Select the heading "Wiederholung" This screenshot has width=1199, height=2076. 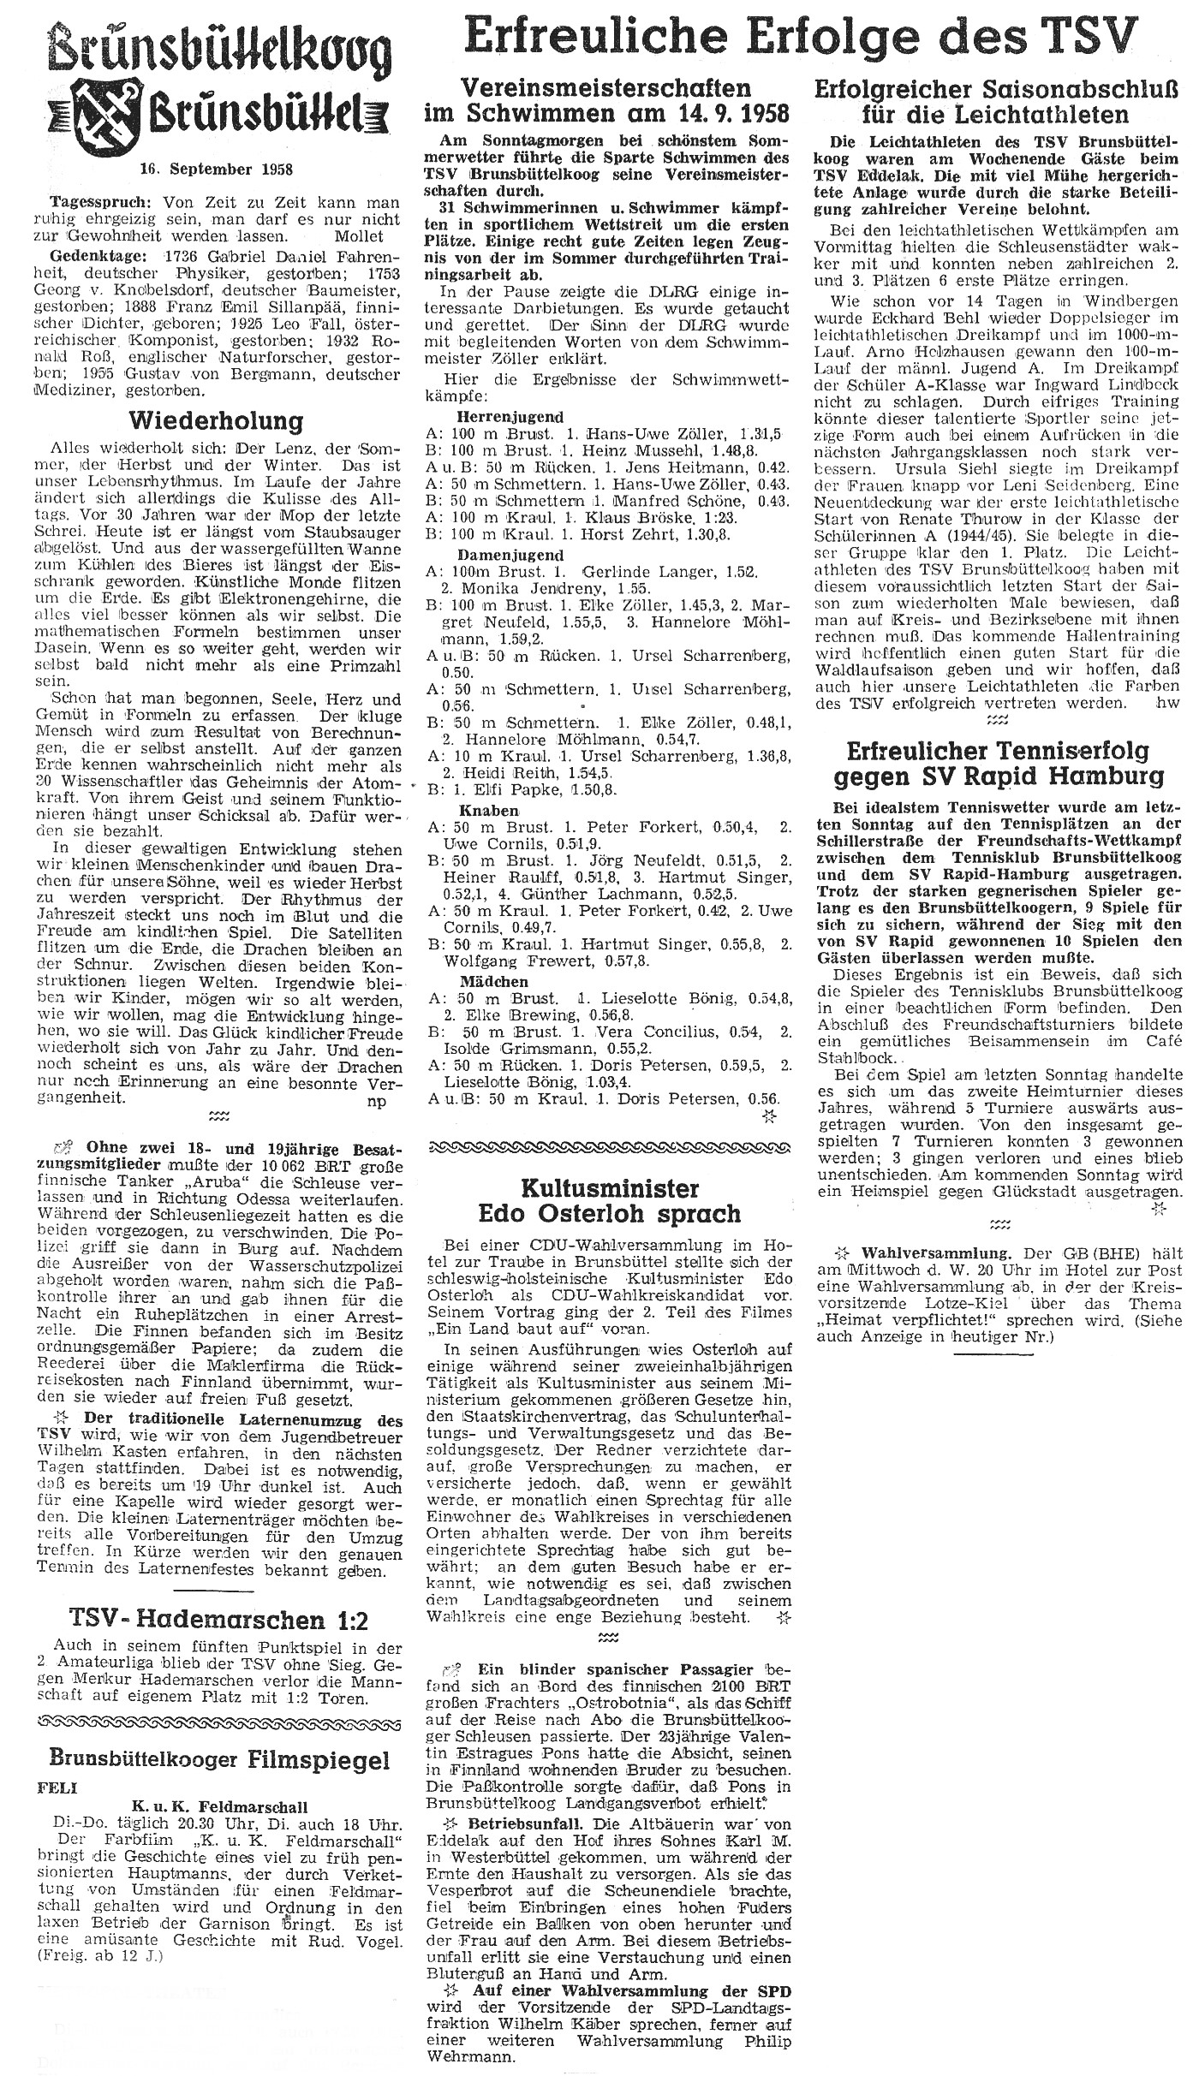tap(215, 421)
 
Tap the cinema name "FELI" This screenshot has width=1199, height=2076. tap(54, 1765)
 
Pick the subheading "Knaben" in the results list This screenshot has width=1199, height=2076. tap(487, 810)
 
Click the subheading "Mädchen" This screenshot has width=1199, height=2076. tap(493, 981)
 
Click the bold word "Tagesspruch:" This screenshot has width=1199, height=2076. tap(88, 203)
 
